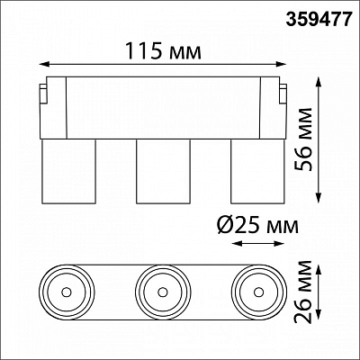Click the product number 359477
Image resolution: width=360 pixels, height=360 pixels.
319,20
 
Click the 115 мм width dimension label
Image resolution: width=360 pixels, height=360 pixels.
163,51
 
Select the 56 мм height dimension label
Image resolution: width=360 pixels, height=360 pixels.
303,139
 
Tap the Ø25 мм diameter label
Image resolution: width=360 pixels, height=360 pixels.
257,225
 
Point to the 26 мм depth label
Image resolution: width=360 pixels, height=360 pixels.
303,292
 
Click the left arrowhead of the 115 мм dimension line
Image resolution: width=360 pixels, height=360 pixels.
44,64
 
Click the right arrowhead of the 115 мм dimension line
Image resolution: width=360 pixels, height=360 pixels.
281,64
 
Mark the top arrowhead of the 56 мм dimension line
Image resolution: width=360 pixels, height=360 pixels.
319,82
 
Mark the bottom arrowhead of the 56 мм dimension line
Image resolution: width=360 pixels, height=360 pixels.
319,198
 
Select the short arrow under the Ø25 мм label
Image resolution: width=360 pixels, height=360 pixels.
258,244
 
